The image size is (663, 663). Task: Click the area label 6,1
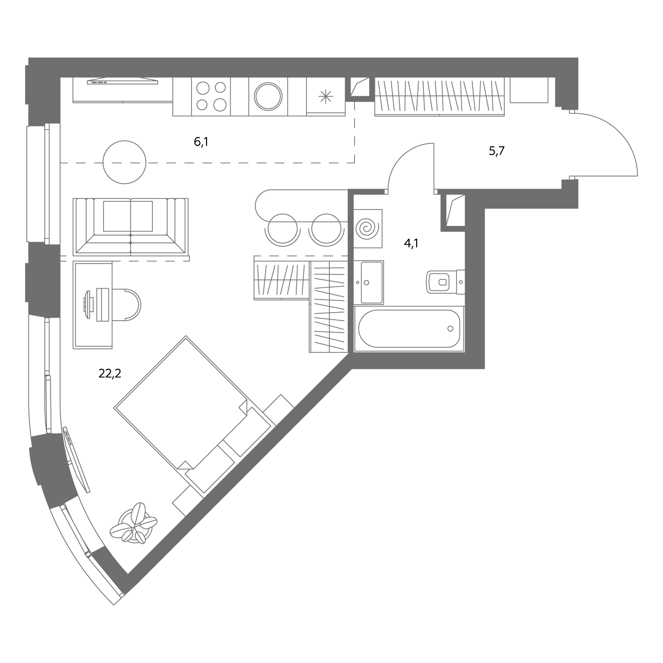pyautogui.click(x=201, y=142)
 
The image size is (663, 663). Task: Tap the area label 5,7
pyautogui.click(x=496, y=150)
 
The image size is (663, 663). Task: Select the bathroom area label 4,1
pyautogui.click(x=411, y=244)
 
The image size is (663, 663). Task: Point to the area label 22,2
pyautogui.click(x=110, y=373)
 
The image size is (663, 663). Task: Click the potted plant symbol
pyautogui.click(x=134, y=523)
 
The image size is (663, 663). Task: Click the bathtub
pyautogui.click(x=409, y=328)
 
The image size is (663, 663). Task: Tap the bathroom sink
pyautogui.click(x=369, y=283)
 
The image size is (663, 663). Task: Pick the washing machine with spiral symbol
pyautogui.click(x=368, y=228)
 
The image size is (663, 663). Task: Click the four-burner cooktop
pyautogui.click(x=211, y=97)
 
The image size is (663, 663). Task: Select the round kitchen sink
pyautogui.click(x=268, y=96)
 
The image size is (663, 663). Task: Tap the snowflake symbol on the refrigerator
pyautogui.click(x=325, y=97)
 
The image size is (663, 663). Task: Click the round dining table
pyautogui.click(x=124, y=162)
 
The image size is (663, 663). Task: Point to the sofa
pyautogui.click(x=131, y=227)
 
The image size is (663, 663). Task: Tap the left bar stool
pyautogui.click(x=283, y=230)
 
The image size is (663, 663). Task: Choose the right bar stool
pyautogui.click(x=326, y=230)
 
